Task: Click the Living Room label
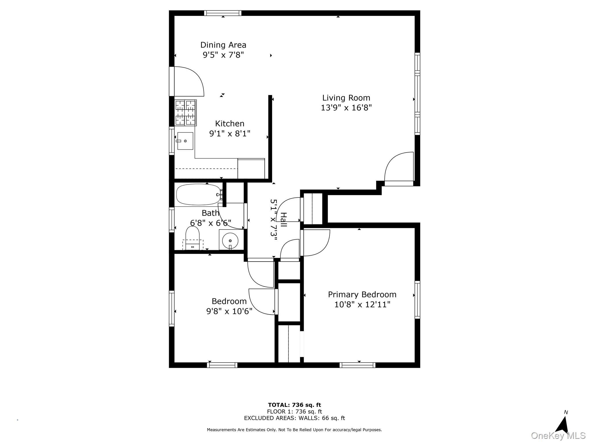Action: [x=346, y=98]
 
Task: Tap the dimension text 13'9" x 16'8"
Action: [x=346, y=108]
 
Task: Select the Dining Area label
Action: [x=223, y=45]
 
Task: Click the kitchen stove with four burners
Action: [x=186, y=113]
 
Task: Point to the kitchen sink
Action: [x=185, y=141]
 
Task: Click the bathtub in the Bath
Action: [x=198, y=195]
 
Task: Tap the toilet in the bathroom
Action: [x=192, y=237]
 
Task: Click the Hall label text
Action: [x=284, y=219]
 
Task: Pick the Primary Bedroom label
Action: [x=362, y=295]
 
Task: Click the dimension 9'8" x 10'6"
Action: [x=229, y=311]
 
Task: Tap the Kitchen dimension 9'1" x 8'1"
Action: [x=230, y=134]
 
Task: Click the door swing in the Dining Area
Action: [x=188, y=81]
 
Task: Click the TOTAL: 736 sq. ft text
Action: [x=294, y=405]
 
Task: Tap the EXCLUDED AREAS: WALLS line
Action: [x=294, y=418]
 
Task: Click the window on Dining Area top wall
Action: [x=223, y=13]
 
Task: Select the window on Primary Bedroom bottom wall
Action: [x=357, y=365]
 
